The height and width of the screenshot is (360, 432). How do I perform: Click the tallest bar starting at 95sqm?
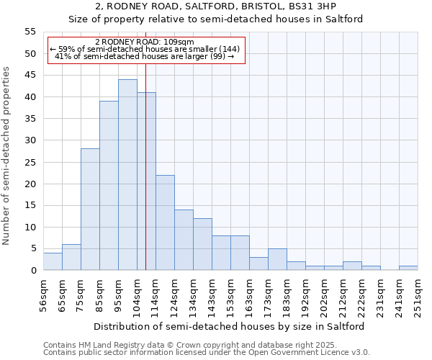pos(127,175)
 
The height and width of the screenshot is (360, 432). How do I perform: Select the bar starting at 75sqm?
pos(90,210)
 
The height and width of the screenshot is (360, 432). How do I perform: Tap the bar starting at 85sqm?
pos(109,186)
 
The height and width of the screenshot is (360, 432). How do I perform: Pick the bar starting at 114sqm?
pos(165,222)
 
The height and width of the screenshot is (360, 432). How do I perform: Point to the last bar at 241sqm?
pos(408,268)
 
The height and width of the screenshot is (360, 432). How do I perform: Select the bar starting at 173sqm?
pos(277,259)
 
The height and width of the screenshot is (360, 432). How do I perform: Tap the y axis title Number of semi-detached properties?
pos(6,156)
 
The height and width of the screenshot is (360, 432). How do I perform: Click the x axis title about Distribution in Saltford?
pos(229,326)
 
